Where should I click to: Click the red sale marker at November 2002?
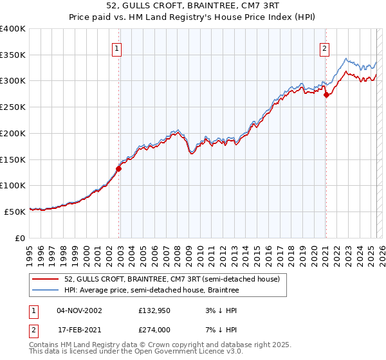pyautogui.click(x=118, y=169)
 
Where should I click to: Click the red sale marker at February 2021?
pyautogui.click(x=326, y=95)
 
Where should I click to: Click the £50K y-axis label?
pyautogui.click(x=15, y=211)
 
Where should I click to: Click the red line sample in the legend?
pyautogui.click(x=46, y=280)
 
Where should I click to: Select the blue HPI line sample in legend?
pyautogui.click(x=46, y=291)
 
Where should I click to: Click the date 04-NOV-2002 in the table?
pyautogui.click(x=78, y=310)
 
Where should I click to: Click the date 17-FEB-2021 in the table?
pyautogui.click(x=78, y=330)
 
